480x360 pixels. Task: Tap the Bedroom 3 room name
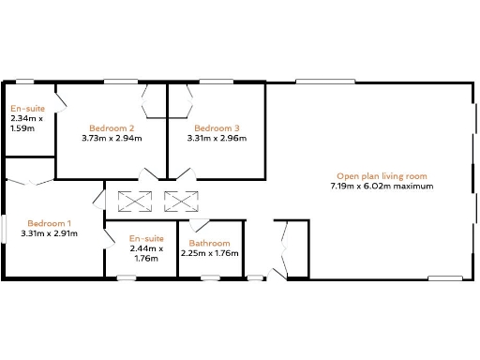[217, 127]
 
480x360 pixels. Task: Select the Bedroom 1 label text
[49, 223]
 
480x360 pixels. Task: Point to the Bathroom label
[209, 243]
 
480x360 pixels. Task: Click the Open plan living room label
[382, 175]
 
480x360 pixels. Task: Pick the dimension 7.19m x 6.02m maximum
[382, 187]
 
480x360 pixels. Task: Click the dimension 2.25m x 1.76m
[209, 253]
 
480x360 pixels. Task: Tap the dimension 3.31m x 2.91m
[49, 233]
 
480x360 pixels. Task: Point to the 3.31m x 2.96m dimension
[217, 139]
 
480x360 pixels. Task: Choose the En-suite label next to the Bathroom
[146, 238]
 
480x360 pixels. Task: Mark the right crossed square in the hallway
[177, 200]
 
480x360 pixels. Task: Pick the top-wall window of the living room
[324, 82]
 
